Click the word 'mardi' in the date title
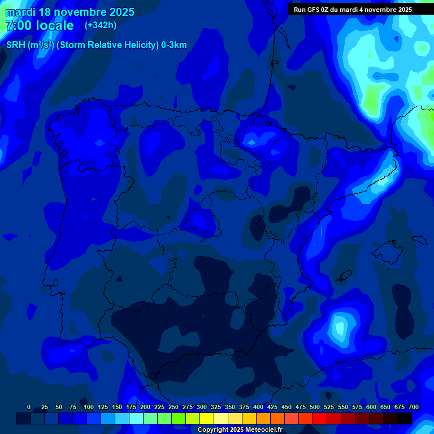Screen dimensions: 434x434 [x=20, y=12]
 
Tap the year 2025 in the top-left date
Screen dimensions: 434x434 [x=119, y=12]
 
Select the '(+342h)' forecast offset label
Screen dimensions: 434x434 [x=101, y=25]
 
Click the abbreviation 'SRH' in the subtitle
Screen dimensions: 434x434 [x=16, y=45]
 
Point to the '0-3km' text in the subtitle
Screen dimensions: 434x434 [x=173, y=45]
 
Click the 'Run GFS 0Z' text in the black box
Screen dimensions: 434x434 [x=313, y=10]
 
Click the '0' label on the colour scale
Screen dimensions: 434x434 [x=29, y=407]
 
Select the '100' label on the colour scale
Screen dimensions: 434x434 [x=89, y=407]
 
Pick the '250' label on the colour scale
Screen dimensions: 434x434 [x=173, y=407]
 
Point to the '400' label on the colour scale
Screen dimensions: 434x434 [x=258, y=407]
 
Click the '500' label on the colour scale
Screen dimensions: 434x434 [x=315, y=407]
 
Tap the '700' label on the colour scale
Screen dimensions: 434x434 [x=414, y=407]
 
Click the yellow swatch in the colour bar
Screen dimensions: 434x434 [x=207, y=419]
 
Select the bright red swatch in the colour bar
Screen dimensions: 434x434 [x=320, y=419]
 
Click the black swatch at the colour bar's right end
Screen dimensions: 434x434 [x=405, y=419]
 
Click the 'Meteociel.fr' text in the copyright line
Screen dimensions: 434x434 [x=259, y=429]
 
